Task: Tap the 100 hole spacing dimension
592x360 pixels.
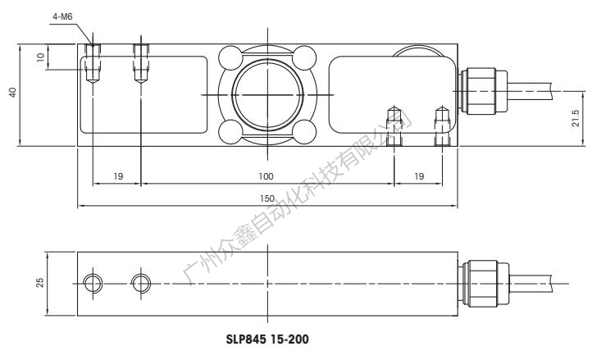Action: (x=266, y=175)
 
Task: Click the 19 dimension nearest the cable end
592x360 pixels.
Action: (x=418, y=175)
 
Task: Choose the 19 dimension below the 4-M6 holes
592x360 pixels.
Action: (x=116, y=175)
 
